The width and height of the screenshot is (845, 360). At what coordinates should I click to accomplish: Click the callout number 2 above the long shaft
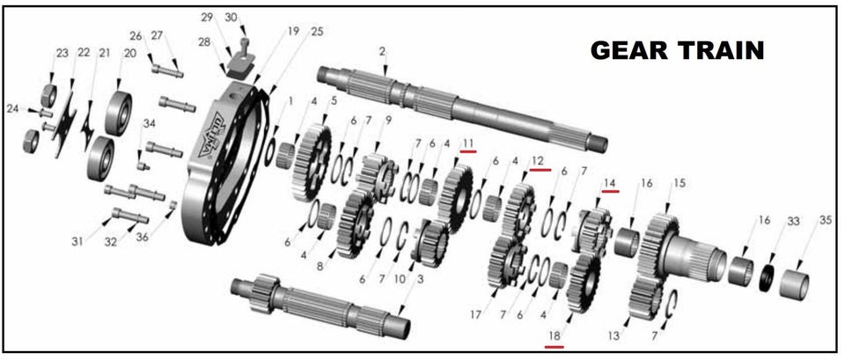click(382, 52)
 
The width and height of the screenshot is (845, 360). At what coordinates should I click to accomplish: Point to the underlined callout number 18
click(555, 335)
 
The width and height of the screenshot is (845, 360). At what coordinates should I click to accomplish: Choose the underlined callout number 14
click(610, 183)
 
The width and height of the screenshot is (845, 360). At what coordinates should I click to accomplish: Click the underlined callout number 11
click(467, 143)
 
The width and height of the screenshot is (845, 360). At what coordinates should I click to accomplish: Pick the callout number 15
click(679, 183)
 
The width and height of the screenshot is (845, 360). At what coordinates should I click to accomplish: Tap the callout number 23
click(62, 53)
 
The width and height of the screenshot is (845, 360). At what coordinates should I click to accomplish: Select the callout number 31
click(77, 242)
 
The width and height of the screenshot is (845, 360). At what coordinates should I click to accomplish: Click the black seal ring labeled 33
click(768, 276)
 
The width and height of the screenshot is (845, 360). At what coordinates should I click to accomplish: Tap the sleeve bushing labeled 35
click(794, 284)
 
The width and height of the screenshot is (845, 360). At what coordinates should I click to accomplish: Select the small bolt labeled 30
click(244, 48)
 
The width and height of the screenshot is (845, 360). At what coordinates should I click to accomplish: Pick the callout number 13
click(614, 336)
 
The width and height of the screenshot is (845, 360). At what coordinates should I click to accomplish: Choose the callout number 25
click(317, 32)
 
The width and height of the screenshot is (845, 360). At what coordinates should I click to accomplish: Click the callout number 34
click(150, 124)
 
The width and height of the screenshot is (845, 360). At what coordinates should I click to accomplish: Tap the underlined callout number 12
click(538, 160)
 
